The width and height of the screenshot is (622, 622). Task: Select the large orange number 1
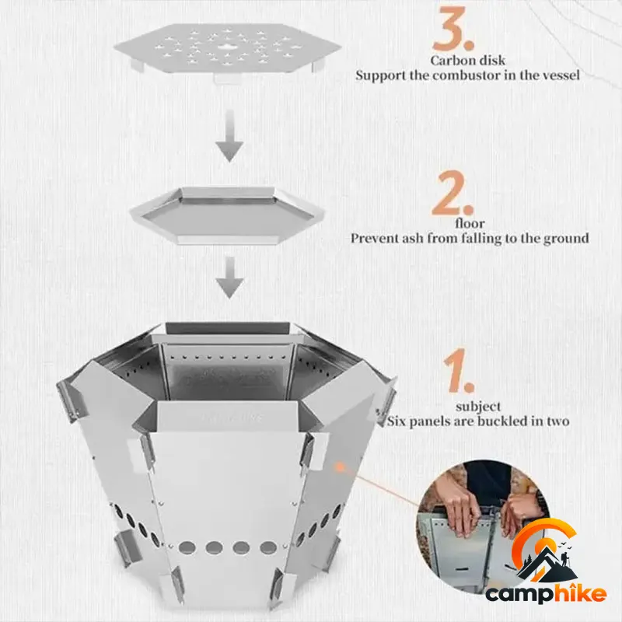pyautogui.click(x=458, y=371)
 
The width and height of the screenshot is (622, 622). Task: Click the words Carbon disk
pyautogui.click(x=468, y=61)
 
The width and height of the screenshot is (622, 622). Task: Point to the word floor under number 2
pyautogui.click(x=470, y=223)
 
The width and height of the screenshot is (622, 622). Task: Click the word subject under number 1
pyautogui.click(x=478, y=407)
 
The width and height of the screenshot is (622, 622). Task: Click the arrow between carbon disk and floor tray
pyautogui.click(x=229, y=135)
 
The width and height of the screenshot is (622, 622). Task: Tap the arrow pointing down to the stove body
pyautogui.click(x=229, y=277)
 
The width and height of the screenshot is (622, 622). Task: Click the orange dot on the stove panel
pyautogui.click(x=339, y=467)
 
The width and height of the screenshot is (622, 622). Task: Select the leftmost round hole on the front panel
pyautogui.click(x=187, y=548)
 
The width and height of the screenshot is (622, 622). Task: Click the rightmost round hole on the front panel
pyautogui.click(x=268, y=548)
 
